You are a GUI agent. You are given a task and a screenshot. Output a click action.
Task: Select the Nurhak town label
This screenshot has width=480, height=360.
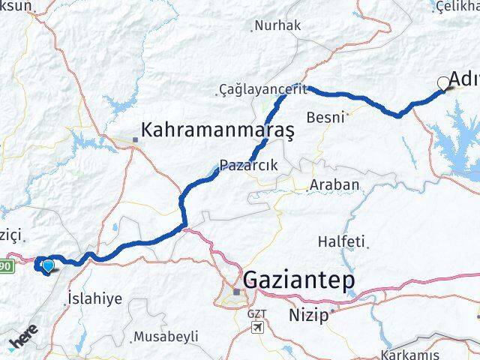277,25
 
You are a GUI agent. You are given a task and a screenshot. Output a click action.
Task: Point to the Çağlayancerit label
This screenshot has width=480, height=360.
263,89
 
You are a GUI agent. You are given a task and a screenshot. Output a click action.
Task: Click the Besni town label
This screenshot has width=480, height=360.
326,117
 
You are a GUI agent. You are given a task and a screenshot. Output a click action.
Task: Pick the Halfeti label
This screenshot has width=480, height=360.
341,241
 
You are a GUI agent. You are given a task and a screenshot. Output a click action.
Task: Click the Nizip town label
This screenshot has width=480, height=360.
309,315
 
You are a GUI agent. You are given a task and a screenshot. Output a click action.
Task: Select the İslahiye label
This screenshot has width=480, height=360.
94,298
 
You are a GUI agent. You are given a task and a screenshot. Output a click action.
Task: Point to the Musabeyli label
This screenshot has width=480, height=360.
165,337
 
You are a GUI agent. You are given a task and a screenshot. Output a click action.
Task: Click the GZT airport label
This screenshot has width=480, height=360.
256,313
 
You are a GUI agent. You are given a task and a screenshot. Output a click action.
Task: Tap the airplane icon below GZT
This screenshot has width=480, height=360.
258,328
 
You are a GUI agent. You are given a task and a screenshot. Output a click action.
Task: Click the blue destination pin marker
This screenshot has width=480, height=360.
49,264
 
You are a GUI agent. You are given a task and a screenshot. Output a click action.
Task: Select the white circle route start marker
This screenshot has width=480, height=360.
443,84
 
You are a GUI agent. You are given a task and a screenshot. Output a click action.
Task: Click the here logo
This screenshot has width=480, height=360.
22,343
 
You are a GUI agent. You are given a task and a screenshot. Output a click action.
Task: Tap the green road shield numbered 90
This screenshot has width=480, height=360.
6,265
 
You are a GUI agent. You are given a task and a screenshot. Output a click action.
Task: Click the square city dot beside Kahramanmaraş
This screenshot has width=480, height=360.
135,139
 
